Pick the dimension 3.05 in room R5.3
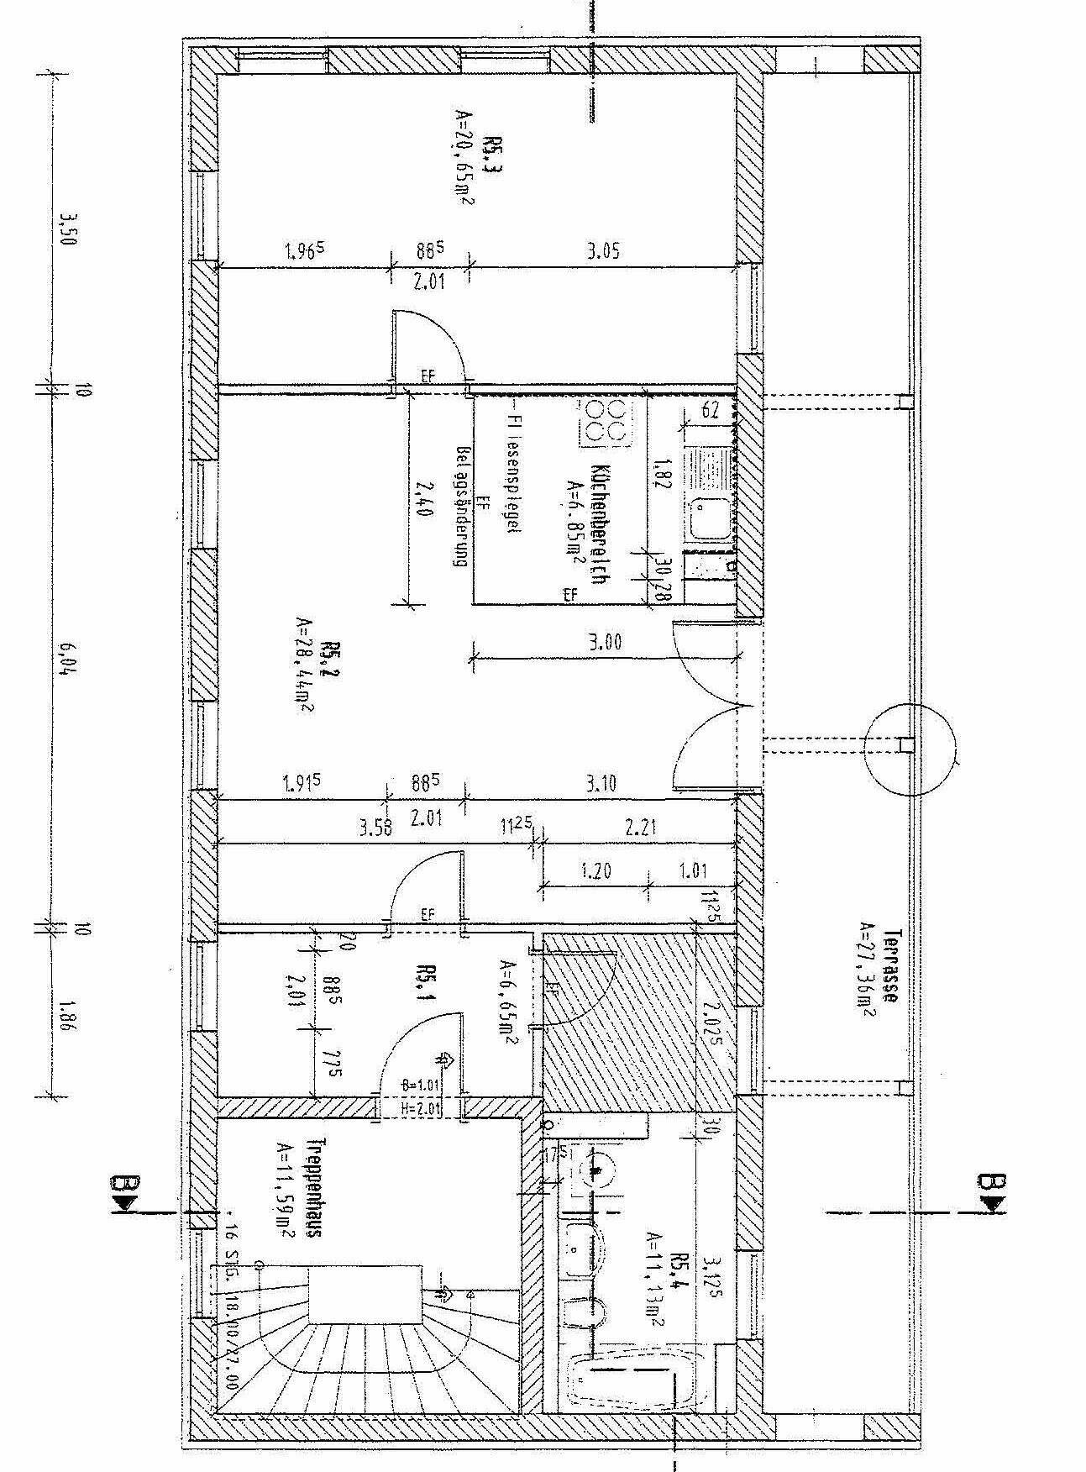point(604,250)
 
